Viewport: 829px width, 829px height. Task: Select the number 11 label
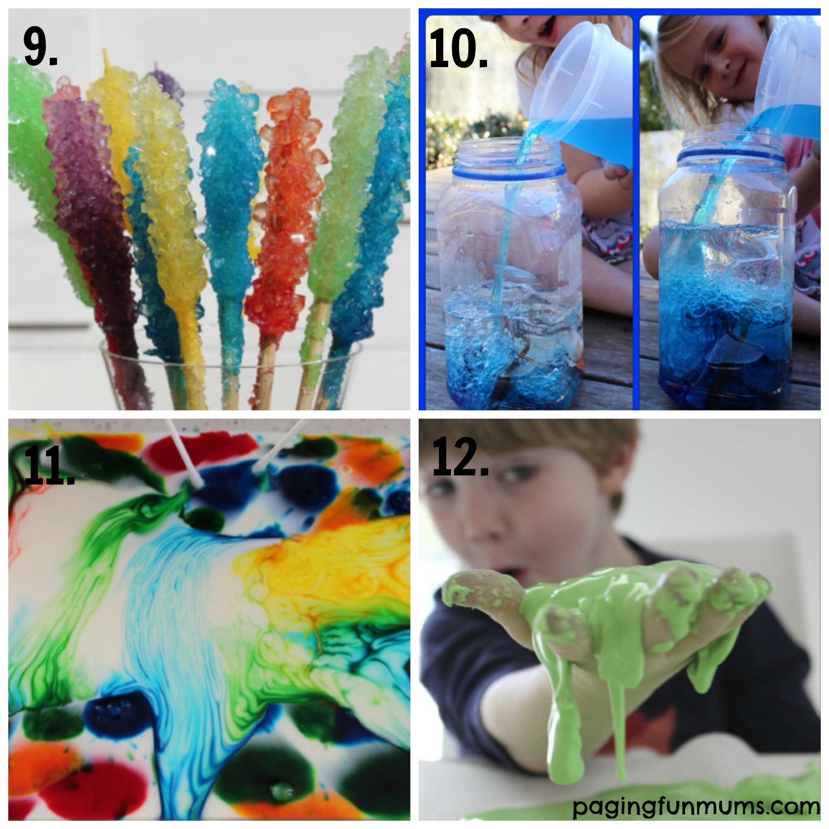[48, 465]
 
